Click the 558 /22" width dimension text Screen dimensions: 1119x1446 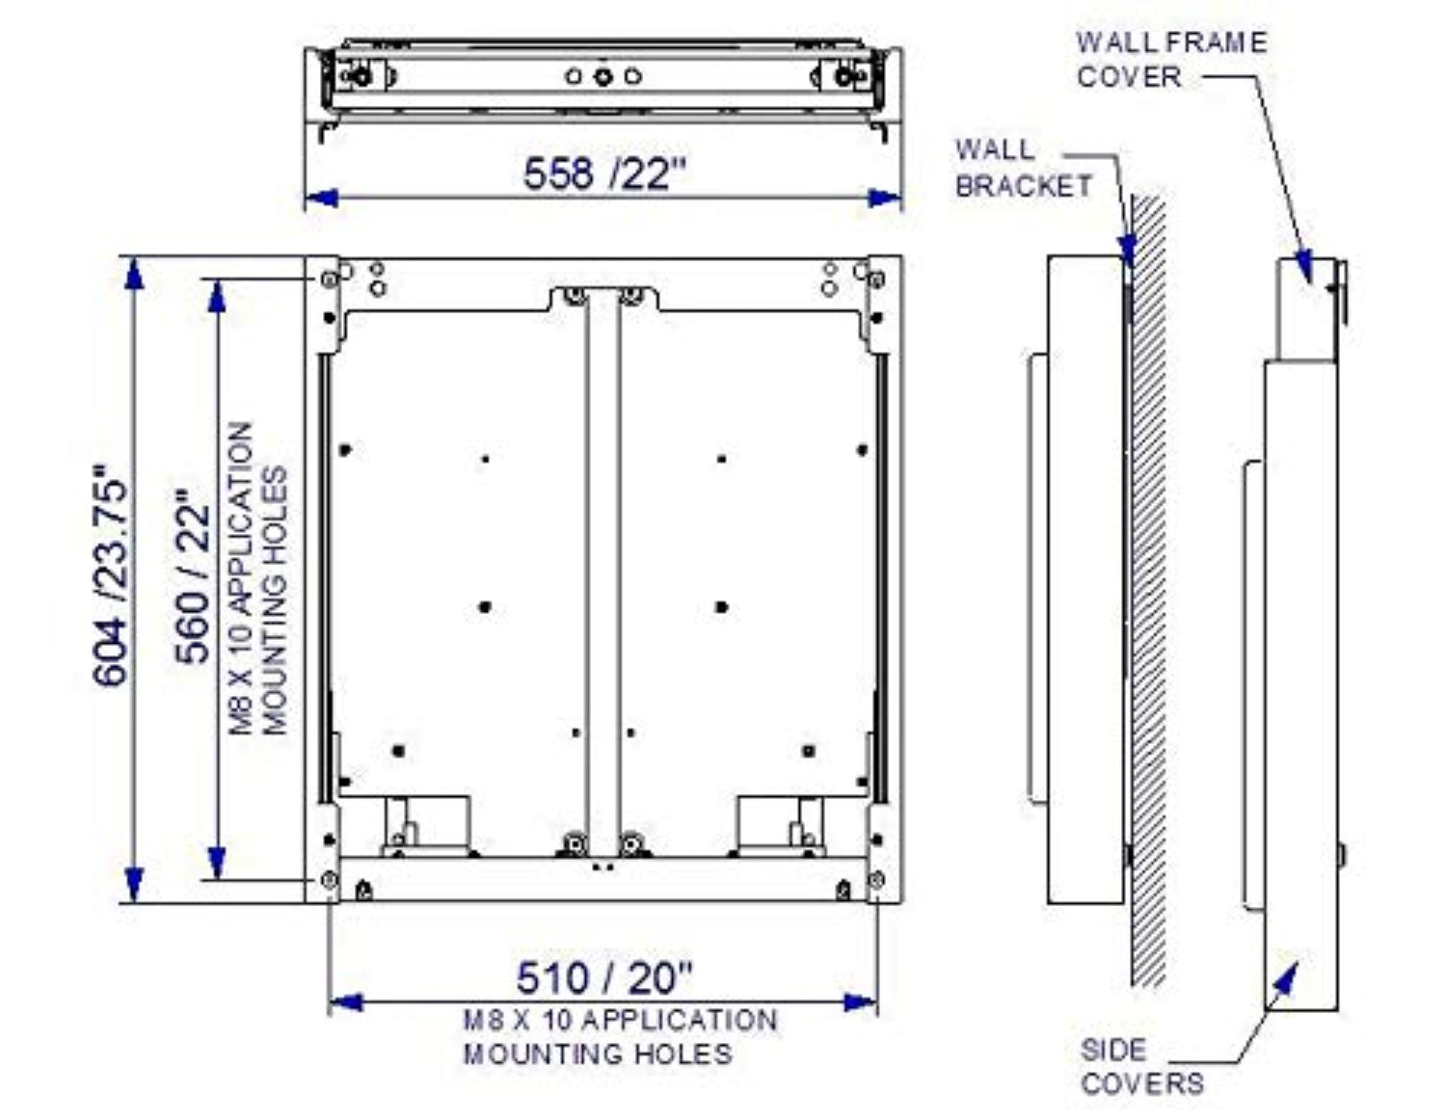(604, 174)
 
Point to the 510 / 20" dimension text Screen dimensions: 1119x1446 (604, 977)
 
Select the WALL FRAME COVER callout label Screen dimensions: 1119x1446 (1170, 59)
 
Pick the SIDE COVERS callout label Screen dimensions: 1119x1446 (1141, 1066)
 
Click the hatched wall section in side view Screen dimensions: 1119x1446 (1148, 588)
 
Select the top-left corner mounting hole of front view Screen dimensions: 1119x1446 (330, 279)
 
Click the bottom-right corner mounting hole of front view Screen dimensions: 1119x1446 (876, 879)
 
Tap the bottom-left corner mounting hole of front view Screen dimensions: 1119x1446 (330, 879)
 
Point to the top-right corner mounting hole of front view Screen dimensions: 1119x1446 (876, 279)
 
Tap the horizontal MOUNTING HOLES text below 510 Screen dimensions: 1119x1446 (597, 1053)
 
